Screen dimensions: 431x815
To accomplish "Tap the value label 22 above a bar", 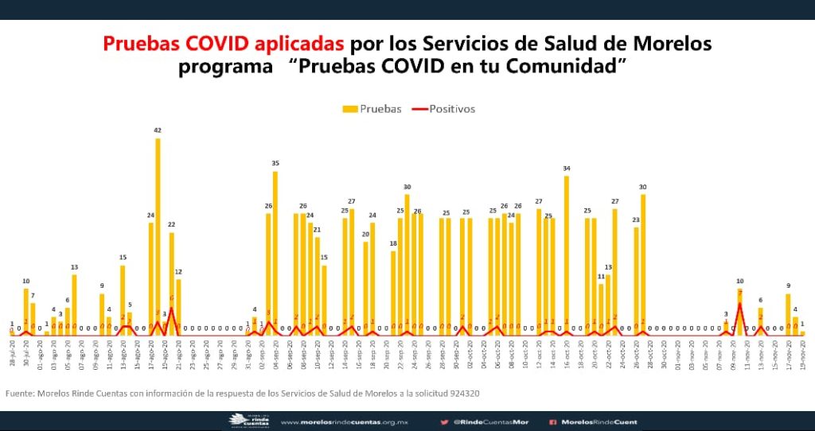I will point(171,225).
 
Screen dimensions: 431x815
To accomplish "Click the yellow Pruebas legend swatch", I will point(349,109).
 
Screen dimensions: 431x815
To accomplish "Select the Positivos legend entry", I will point(451,109).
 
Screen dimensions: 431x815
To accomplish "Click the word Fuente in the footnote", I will point(20,394).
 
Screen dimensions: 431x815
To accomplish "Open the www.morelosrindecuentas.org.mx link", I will point(346,422).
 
